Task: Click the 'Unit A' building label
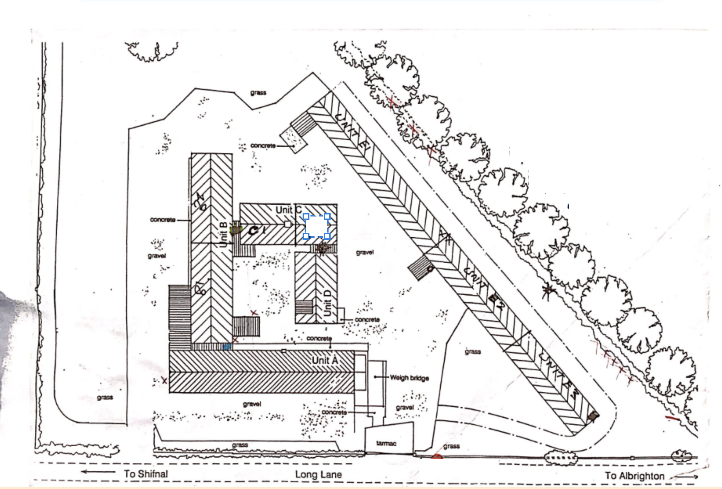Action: [325, 360]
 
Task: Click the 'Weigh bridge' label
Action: [409, 378]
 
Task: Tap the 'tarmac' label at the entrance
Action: [386, 443]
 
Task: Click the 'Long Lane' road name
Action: [318, 474]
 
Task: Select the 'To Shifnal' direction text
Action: [146, 474]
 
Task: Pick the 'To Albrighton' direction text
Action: [635, 476]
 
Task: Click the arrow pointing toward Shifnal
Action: [98, 472]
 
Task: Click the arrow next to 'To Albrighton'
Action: [684, 476]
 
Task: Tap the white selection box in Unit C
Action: [317, 226]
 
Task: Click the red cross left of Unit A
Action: [164, 380]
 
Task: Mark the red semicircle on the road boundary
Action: [436, 456]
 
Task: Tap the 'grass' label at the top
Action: [258, 93]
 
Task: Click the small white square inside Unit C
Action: [288, 224]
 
